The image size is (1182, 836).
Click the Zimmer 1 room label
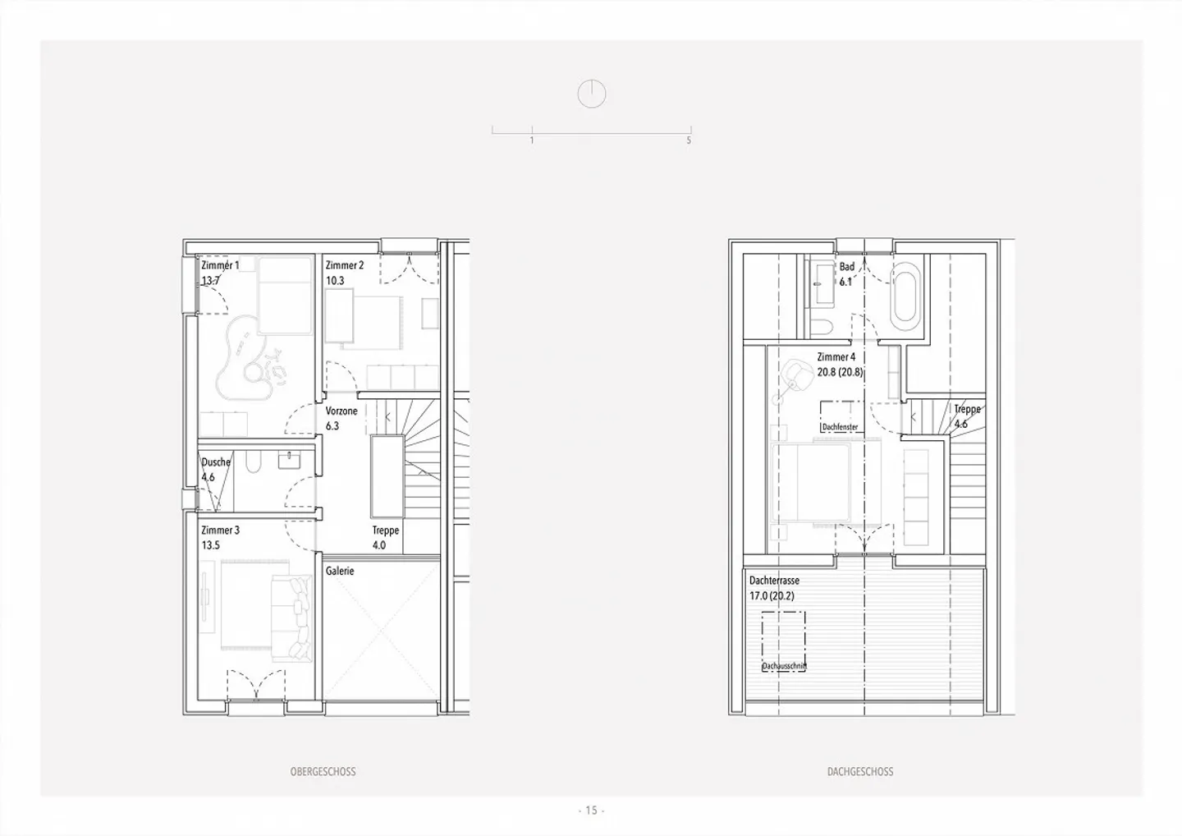[x=220, y=265]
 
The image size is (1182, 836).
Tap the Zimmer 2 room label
[x=344, y=265]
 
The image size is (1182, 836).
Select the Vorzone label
[x=341, y=411]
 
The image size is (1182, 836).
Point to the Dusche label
[x=216, y=462]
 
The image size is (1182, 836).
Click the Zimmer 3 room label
[x=220, y=531]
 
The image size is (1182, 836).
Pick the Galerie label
[x=340, y=571]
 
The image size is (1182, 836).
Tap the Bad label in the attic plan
[x=846, y=267]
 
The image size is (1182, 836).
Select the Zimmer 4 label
[x=836, y=357]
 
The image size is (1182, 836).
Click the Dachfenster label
[x=840, y=427]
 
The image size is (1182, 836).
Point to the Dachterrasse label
[x=774, y=581]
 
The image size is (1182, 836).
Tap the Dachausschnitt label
[x=784, y=667]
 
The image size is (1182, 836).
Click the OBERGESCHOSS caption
[x=323, y=772]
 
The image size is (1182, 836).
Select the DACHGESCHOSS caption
[x=859, y=772]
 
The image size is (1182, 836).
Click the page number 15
[x=591, y=811]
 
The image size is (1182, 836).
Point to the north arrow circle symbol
[x=591, y=94]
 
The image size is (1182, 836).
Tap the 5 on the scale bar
[x=689, y=140]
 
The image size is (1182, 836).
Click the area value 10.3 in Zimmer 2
[x=334, y=281]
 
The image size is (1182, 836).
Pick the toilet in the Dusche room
[x=253, y=464]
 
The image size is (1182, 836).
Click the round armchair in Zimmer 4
[x=795, y=374]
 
